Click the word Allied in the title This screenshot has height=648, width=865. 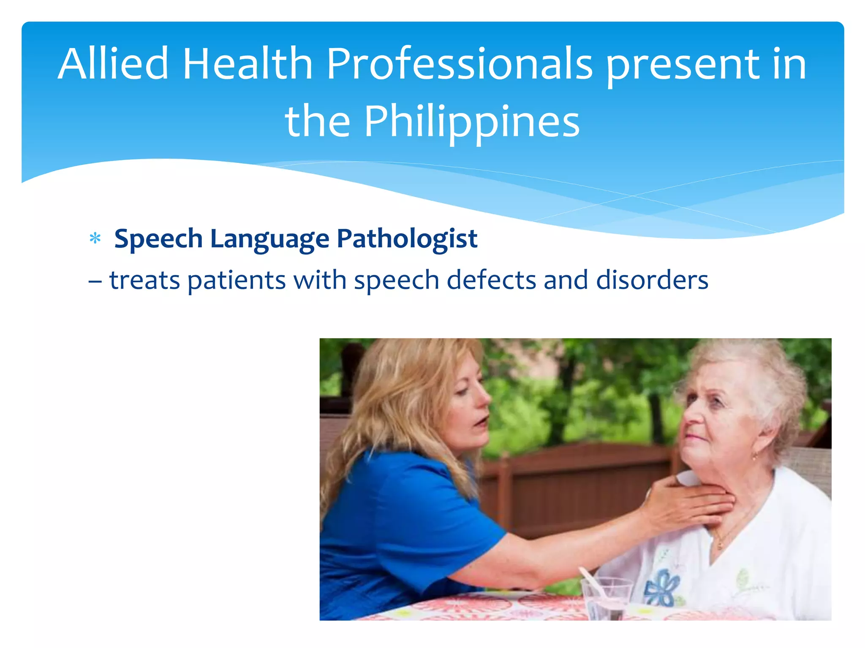[x=113, y=64]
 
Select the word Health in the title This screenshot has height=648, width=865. [x=248, y=64]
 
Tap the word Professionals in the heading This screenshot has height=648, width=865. [x=460, y=64]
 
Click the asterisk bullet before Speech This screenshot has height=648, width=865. [x=95, y=239]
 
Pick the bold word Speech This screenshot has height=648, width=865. [x=158, y=239]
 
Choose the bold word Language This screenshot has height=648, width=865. [x=269, y=239]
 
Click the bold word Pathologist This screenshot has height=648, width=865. [x=407, y=239]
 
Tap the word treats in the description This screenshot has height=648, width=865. [x=144, y=280]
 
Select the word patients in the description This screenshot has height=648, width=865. [x=237, y=280]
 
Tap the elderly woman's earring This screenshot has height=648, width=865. [x=754, y=457]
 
